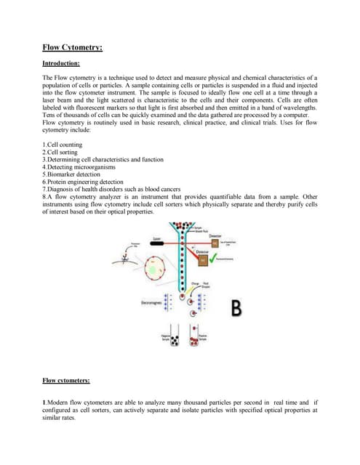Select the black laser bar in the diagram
click(157, 246)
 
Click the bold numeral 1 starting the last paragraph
click(44, 402)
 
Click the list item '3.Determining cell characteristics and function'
click(103, 160)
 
